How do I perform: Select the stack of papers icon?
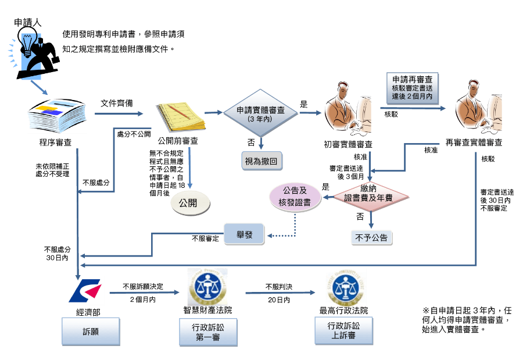(x=57, y=116)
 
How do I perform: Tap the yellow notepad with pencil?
(x=180, y=117)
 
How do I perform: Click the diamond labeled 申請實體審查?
(x=261, y=113)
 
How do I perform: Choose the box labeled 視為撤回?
(x=261, y=160)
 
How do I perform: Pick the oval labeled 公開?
(x=189, y=203)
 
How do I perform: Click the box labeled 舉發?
(x=244, y=234)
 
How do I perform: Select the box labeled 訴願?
(x=91, y=331)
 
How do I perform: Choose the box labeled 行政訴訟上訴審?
(x=343, y=330)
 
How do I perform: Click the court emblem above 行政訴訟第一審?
(x=207, y=287)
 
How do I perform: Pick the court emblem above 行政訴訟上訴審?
(x=346, y=288)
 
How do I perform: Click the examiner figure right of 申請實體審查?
(x=347, y=110)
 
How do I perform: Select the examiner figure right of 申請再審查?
(x=477, y=111)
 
